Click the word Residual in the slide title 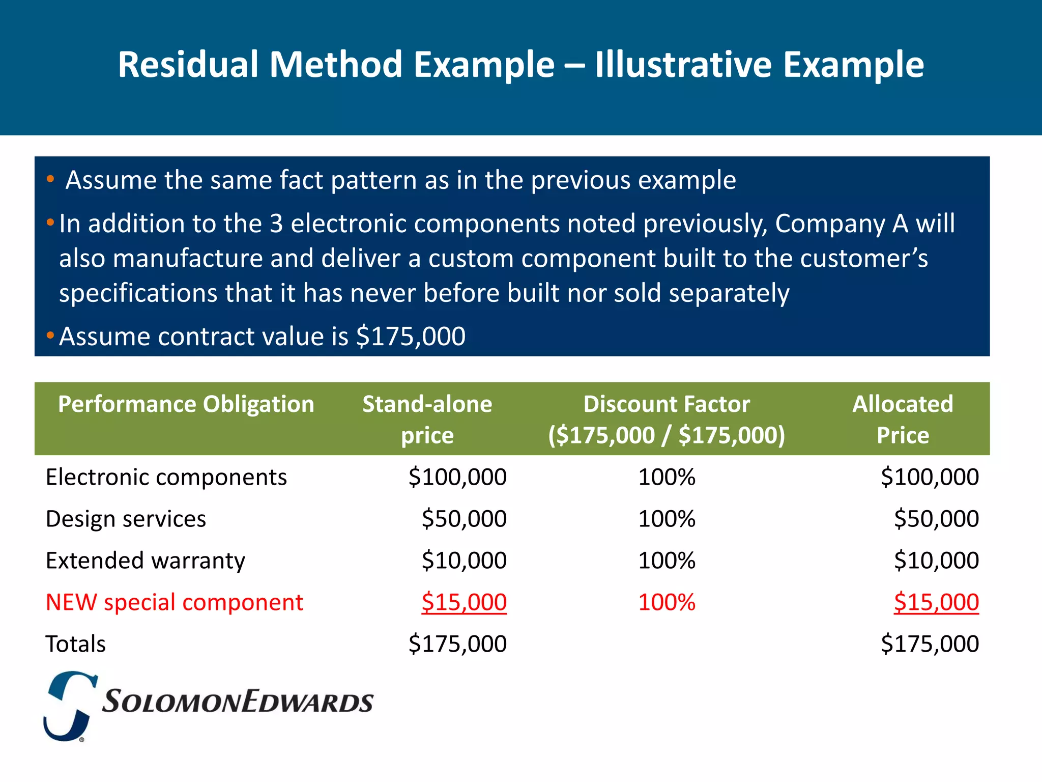coord(188,65)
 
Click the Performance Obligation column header coord(186,404)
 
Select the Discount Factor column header coord(666,419)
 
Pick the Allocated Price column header coord(902,419)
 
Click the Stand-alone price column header coord(427,419)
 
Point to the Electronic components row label coord(166,478)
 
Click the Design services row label coord(126,519)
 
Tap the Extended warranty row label coord(145,561)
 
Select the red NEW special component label coord(174,603)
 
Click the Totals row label coord(75,645)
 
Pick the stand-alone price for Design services coord(464,519)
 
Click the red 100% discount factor coord(666,603)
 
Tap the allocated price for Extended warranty coord(936,561)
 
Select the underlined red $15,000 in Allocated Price coord(936,603)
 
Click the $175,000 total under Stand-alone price coord(457,645)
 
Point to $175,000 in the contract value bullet coord(410,337)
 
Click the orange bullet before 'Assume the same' coord(50,179)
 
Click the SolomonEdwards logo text coord(237,702)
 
